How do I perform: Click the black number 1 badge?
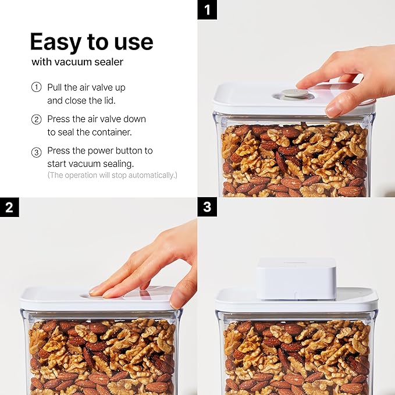207,10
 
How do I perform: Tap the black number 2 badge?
9,208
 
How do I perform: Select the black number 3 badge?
207,208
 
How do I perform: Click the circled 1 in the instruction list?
37,87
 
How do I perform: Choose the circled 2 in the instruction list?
37,119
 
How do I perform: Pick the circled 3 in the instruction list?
37,151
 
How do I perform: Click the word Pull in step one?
55,87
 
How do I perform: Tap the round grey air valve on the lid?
296,93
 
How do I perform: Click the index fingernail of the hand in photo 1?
333,109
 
